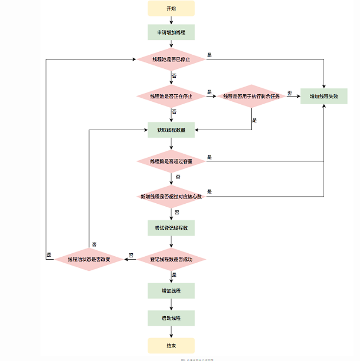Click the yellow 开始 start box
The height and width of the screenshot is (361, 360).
(171, 8)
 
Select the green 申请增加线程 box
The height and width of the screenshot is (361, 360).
(171, 32)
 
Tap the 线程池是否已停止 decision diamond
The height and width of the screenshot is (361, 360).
(171, 59)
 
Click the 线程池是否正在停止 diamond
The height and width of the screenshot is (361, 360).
(171, 96)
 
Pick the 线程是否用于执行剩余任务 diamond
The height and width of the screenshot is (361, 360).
(252, 96)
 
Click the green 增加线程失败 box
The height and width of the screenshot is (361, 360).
(324, 96)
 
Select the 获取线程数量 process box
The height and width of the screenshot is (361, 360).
(171, 130)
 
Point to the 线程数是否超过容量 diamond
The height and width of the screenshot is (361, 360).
(171, 161)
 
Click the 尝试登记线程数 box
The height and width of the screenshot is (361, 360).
(171, 227)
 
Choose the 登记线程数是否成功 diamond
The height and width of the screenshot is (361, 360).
(171, 259)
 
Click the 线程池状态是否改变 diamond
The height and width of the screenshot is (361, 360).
(89, 259)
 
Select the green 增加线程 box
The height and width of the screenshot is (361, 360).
(171, 291)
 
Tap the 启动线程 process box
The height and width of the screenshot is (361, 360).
(171, 318)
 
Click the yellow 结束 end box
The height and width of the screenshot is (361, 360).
(171, 345)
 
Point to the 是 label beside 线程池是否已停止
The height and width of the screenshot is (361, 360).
(209, 55)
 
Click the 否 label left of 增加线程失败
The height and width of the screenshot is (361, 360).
(289, 92)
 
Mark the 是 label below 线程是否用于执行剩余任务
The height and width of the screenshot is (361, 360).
(254, 120)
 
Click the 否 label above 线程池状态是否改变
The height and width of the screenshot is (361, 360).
(94, 244)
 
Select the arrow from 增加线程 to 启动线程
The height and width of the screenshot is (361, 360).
(171, 304)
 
